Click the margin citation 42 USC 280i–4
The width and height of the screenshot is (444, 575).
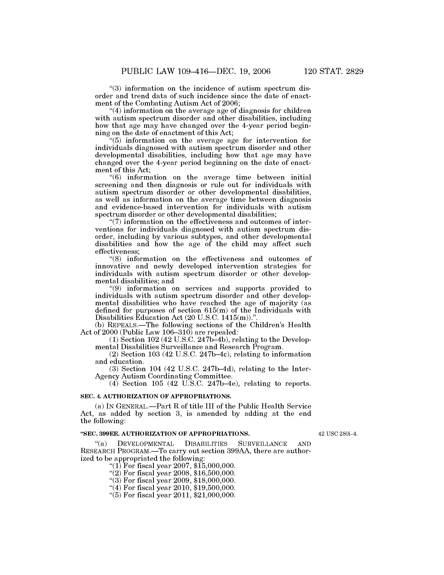point(338,434)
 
